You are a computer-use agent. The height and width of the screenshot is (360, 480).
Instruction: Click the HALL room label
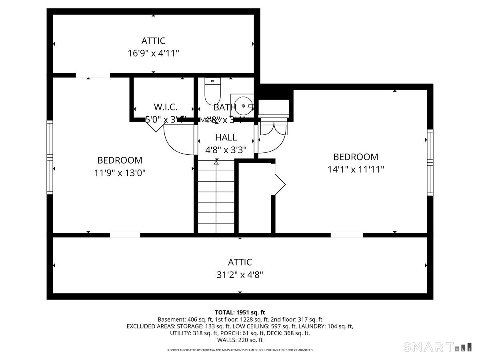pos(226,137)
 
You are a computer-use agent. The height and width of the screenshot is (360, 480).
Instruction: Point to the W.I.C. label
pos(165,107)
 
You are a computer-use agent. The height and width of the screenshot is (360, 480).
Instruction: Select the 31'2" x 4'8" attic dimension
pos(240,275)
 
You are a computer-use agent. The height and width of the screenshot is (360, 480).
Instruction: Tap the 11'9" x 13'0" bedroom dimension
pos(120,173)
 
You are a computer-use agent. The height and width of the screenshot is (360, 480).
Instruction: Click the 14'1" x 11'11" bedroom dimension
pos(356,169)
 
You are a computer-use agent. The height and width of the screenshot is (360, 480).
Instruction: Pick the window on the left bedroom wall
pos(50,157)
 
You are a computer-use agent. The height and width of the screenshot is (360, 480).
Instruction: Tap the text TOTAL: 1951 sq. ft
pos(240,312)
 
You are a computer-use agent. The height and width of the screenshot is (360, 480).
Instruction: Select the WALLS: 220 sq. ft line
pos(240,340)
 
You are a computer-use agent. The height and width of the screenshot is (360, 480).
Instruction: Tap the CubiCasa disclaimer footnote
pos(240,350)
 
